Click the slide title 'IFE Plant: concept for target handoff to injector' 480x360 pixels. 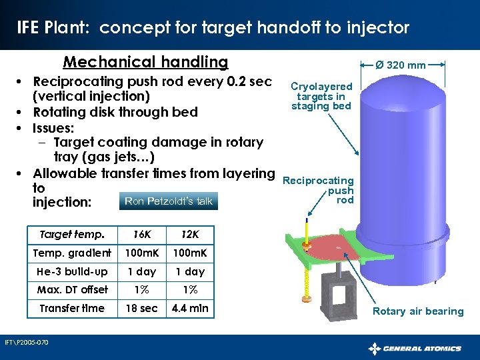(x=213, y=27)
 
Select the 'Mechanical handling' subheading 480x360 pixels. (x=145, y=62)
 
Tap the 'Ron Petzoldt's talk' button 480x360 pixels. (x=169, y=201)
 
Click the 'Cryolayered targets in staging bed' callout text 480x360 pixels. (x=321, y=96)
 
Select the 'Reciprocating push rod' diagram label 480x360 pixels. (x=319, y=190)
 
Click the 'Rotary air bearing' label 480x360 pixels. (x=418, y=311)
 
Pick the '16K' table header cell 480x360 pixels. (x=141, y=235)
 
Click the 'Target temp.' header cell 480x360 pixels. (x=72, y=235)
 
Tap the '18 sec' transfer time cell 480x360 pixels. (x=141, y=308)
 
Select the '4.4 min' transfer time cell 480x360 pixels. (x=190, y=308)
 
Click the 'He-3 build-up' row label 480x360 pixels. (x=72, y=271)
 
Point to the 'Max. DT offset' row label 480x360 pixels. (x=72, y=289)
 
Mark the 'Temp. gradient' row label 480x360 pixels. (x=72, y=253)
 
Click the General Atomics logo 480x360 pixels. (x=415, y=348)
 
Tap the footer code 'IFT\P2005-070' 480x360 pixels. (x=26, y=343)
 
